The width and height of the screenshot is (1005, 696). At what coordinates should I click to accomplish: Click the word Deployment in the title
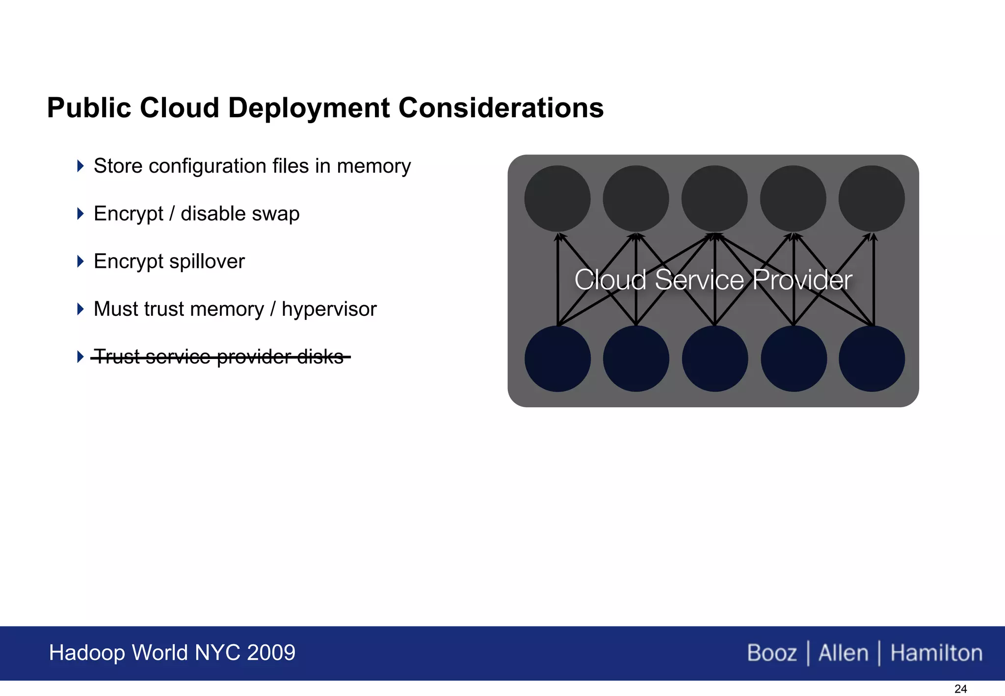coord(310,108)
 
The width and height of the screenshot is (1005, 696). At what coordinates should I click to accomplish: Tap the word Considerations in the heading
coord(501,108)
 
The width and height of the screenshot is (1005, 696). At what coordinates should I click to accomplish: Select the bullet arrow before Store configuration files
coord(80,166)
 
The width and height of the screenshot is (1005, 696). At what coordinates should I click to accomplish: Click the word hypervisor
coord(329,309)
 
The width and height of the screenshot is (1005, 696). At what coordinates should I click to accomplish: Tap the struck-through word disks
coord(320,357)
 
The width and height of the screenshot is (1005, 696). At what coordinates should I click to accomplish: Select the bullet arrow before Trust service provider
coord(80,357)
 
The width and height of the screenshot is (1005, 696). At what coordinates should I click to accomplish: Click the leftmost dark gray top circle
coord(557,198)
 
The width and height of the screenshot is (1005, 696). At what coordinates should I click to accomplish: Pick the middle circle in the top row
coord(714,198)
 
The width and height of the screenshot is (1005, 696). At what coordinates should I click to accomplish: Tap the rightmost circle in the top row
coord(872,198)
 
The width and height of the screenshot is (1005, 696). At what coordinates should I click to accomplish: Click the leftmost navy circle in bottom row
coord(557,359)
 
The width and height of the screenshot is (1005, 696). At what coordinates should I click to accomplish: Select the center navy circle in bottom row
coord(715,359)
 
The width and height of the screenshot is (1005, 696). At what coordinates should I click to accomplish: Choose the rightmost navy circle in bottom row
coord(872,359)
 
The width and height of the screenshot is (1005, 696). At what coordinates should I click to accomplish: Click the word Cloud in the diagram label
coord(610,280)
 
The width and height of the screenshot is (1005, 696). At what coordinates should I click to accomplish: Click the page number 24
coord(960,689)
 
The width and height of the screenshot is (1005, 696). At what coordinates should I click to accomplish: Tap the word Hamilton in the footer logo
coord(936,653)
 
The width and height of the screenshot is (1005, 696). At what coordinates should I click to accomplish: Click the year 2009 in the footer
coord(271,653)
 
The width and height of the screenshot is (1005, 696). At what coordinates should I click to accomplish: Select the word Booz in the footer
coord(772,653)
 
